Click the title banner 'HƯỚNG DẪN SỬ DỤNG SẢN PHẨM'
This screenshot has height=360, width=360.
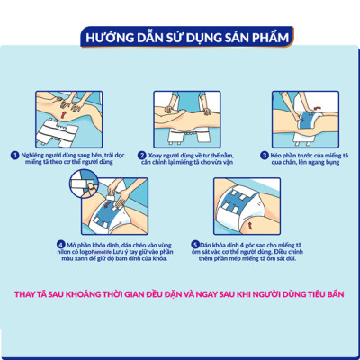click(x=180, y=37)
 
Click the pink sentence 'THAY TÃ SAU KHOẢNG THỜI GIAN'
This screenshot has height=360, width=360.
click(x=180, y=293)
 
